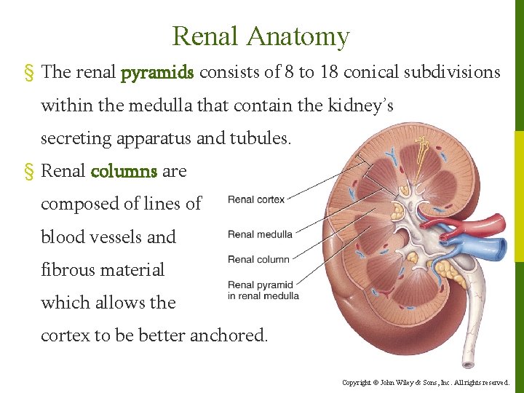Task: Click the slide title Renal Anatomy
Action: pos(261,36)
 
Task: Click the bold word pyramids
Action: pos(157,73)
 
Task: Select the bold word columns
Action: pos(124,172)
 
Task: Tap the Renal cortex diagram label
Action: pos(256,199)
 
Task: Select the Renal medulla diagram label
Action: pos(260,234)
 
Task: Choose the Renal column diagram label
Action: pos(258,259)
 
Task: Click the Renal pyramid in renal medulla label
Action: pos(263,290)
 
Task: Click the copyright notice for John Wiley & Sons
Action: pos(426,382)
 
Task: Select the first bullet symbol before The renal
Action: pos(30,73)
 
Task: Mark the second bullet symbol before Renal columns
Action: pos(30,172)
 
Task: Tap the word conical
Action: pos(372,73)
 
